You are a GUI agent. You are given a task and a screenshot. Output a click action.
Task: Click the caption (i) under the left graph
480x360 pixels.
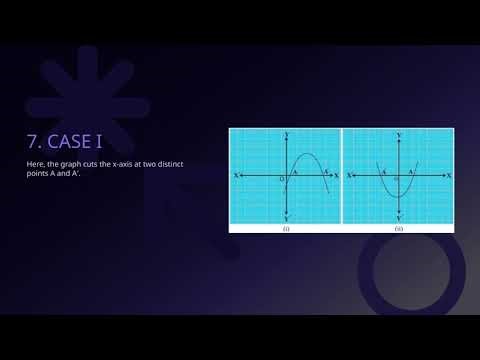coord(286,229)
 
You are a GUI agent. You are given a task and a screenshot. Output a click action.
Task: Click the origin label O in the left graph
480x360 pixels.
coord(282,180)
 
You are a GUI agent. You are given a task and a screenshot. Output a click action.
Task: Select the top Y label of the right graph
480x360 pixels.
coord(399,133)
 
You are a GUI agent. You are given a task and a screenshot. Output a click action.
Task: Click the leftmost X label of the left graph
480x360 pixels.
coord(235,175)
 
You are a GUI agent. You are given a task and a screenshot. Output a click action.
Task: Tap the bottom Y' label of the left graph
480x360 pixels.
coord(287,218)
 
